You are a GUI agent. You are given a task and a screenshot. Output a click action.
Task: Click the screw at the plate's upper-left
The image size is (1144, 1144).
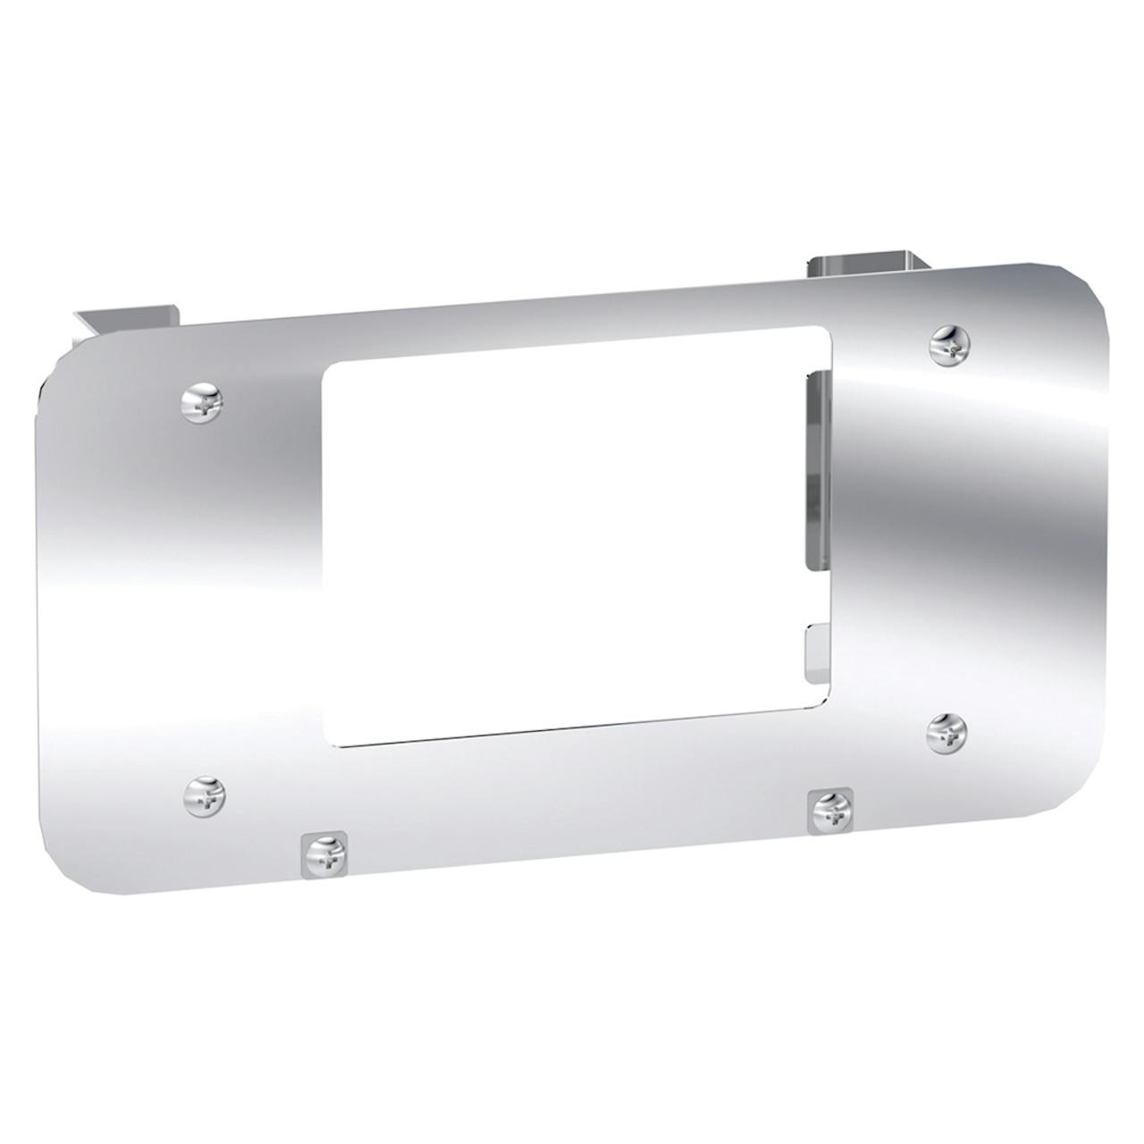[x=203, y=404]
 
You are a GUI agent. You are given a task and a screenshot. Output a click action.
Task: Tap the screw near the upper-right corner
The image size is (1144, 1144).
[x=949, y=344]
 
